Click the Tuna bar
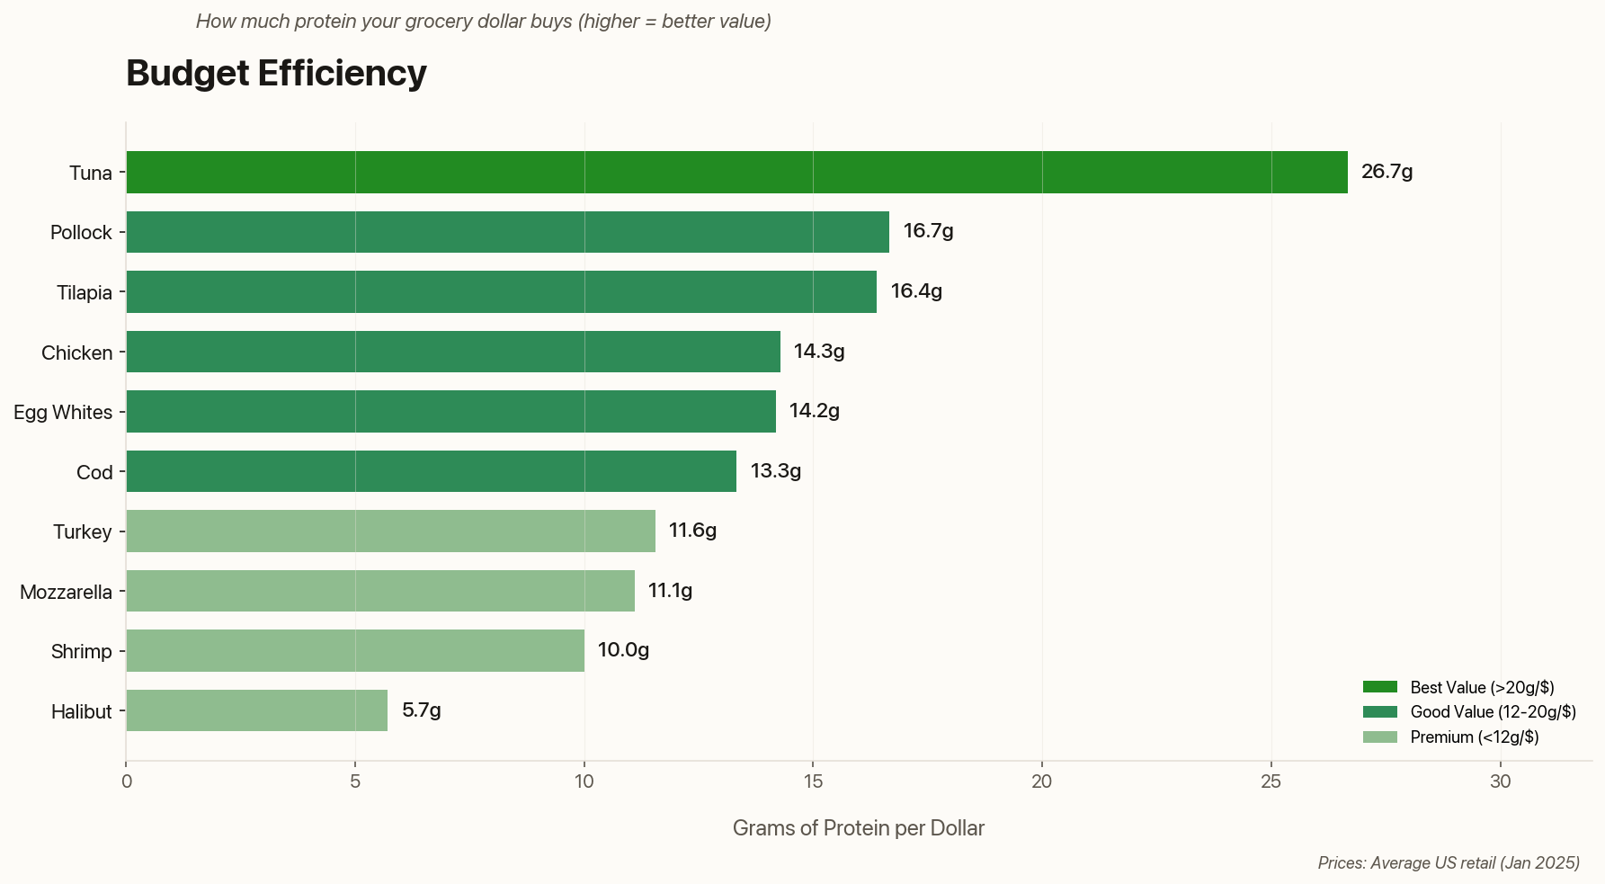tap(736, 172)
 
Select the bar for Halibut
tap(256, 710)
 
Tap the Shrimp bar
tap(355, 650)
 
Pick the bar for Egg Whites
tap(450, 411)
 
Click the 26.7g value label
tap(1387, 172)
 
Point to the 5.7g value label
tap(421, 710)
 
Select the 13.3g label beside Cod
tap(775, 471)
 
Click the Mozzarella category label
tap(66, 592)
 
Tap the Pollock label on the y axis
tap(81, 232)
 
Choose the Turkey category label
tap(82, 531)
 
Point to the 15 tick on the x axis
tap(813, 781)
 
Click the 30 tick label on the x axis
tap(1500, 781)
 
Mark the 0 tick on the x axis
tap(127, 781)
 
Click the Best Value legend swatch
tap(1379, 687)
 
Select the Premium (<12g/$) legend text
tap(1475, 737)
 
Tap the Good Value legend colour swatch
tap(1379, 712)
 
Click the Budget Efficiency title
tap(276, 73)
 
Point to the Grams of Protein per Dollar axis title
tap(858, 828)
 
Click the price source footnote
tap(1449, 863)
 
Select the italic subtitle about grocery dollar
tap(483, 22)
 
